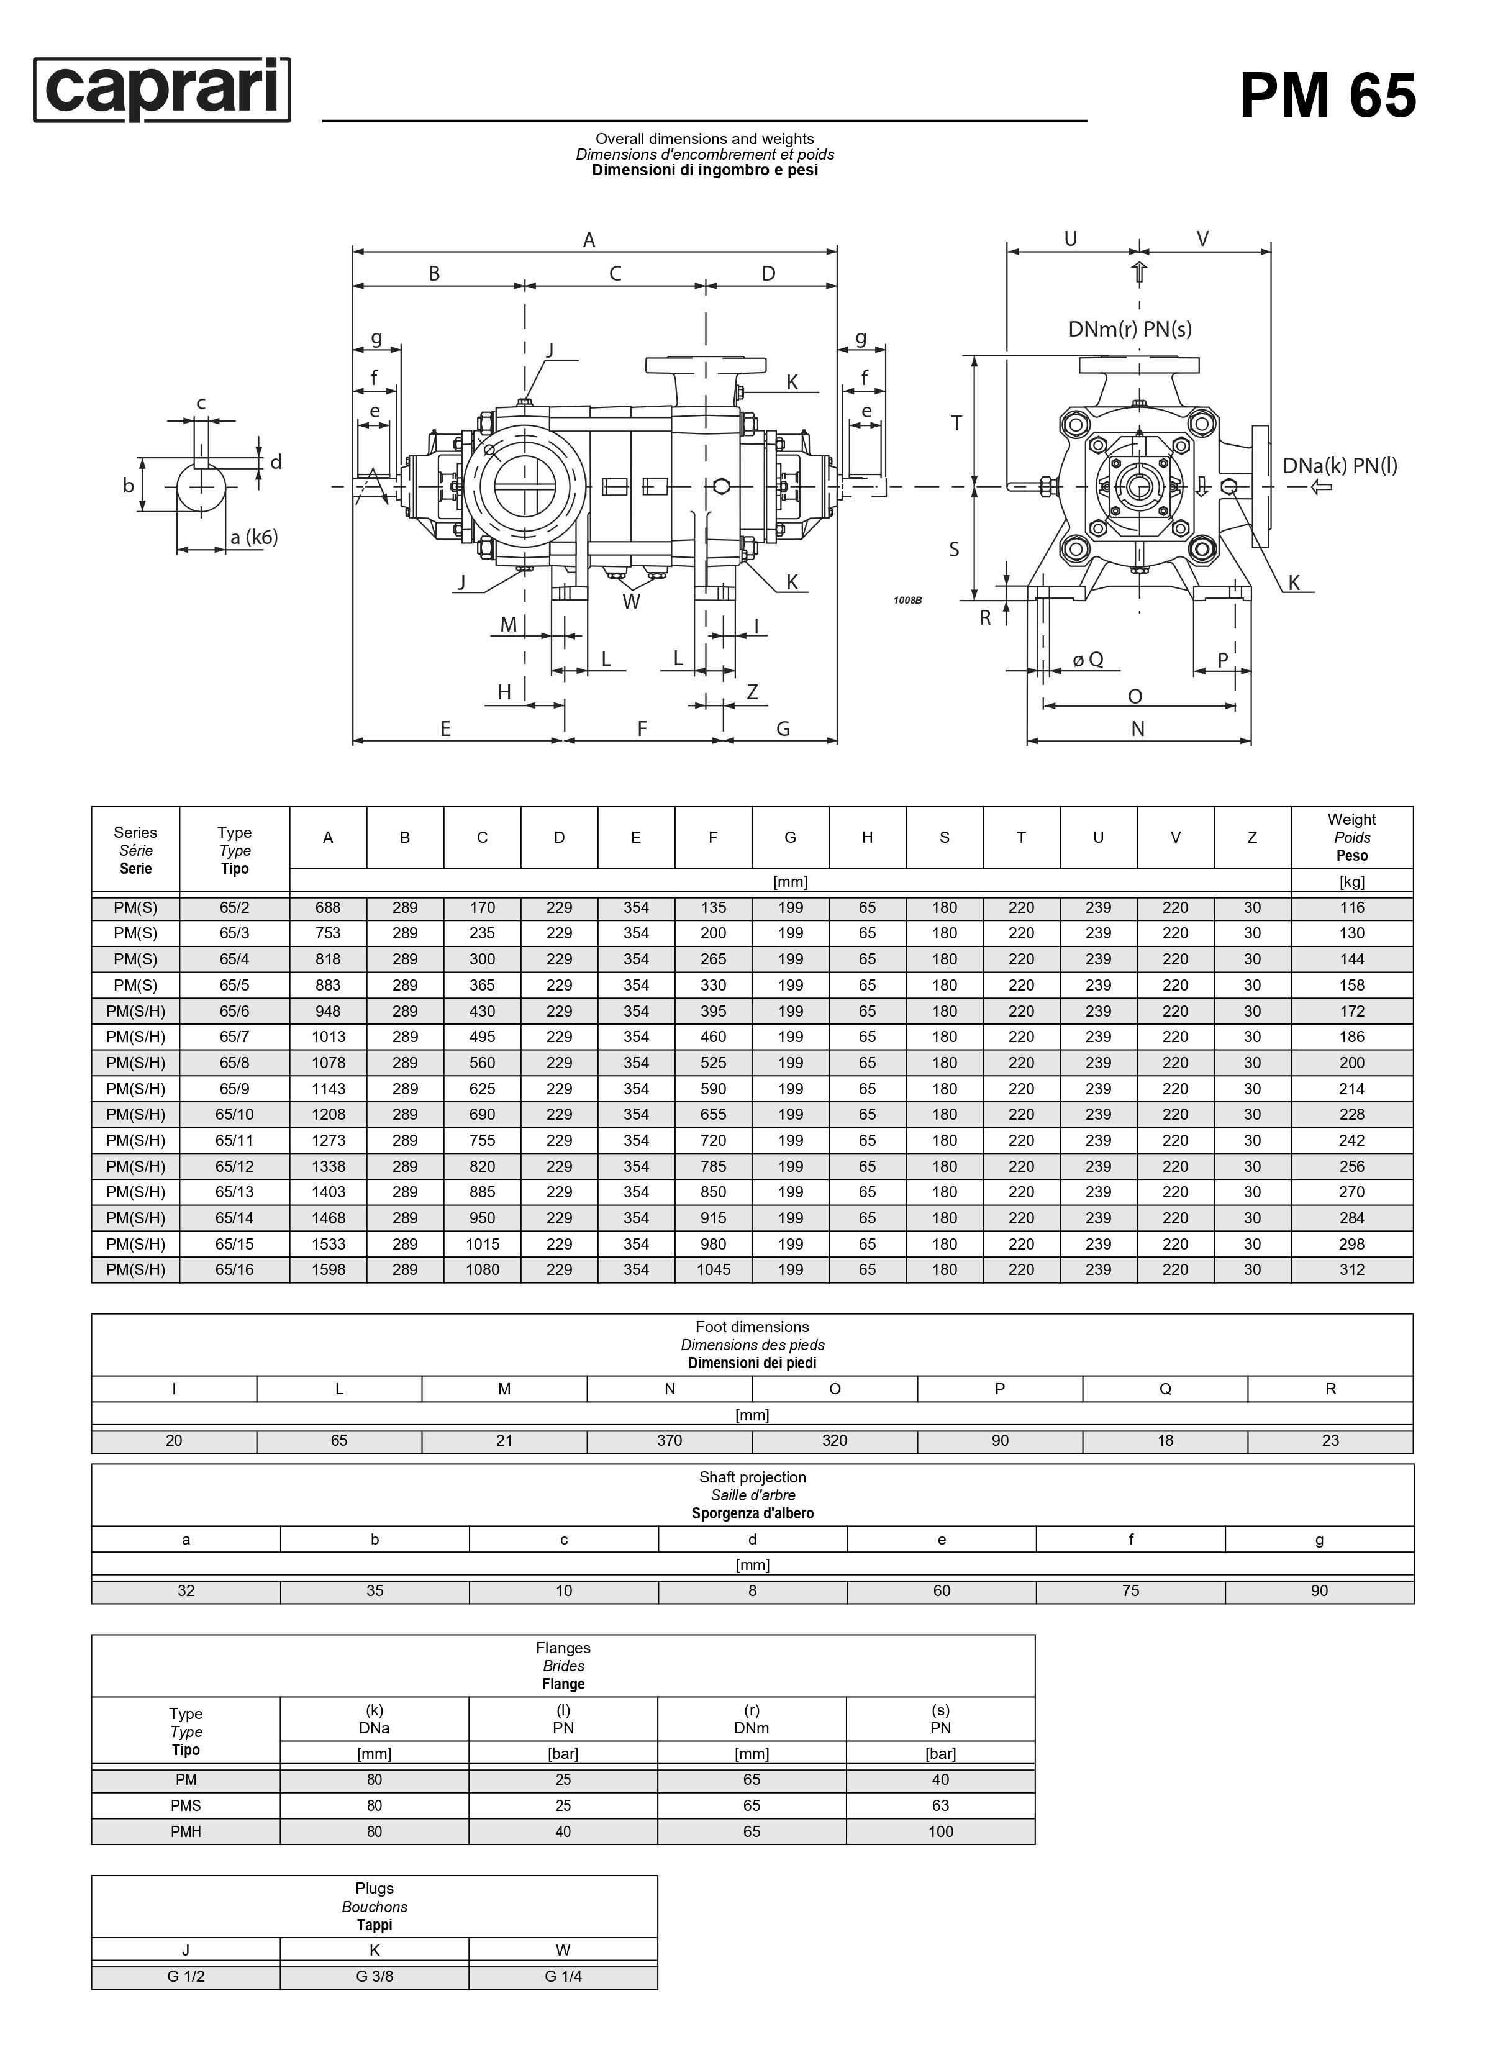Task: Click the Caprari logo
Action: pyautogui.click(x=162, y=89)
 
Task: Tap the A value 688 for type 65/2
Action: pyautogui.click(x=328, y=907)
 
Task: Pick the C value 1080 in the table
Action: pyautogui.click(x=482, y=1269)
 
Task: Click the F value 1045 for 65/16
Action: pyautogui.click(x=713, y=1269)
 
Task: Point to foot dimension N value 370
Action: pyautogui.click(x=670, y=1440)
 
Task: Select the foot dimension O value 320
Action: pyautogui.click(x=835, y=1440)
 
